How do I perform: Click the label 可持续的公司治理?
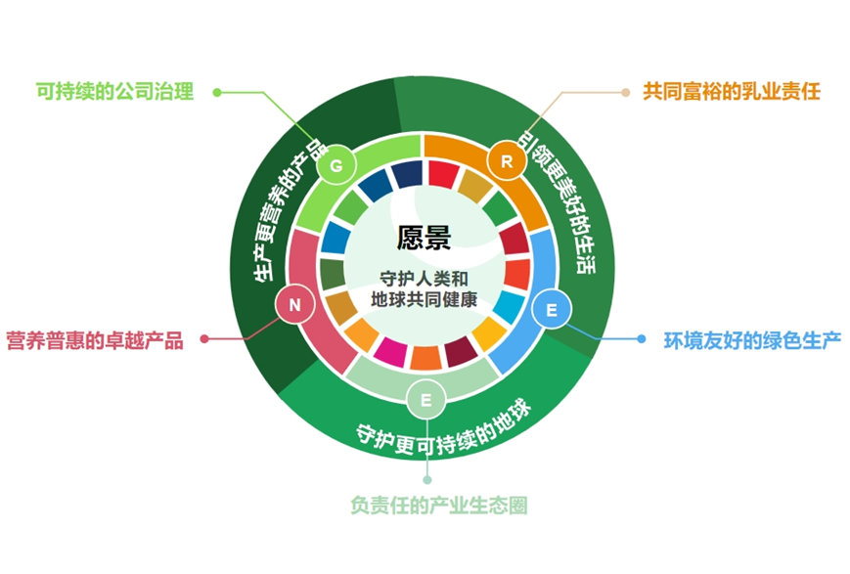tap(114, 91)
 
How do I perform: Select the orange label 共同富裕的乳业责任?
tap(732, 91)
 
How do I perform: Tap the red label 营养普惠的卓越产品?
tap(95, 340)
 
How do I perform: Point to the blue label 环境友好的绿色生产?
tap(752, 340)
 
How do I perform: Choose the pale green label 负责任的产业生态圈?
tap(439, 506)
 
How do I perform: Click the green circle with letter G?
tap(336, 165)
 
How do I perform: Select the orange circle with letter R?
tap(507, 161)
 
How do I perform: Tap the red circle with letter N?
tap(294, 305)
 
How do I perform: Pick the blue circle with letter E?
tap(552, 310)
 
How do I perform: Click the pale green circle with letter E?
tap(426, 400)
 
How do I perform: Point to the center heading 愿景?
tap(424, 238)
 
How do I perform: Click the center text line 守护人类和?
tap(424, 279)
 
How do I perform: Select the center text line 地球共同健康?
tap(424, 299)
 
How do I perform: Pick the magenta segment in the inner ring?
tap(390, 352)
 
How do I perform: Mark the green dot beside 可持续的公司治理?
tap(217, 92)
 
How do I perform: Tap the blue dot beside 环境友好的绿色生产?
tap(642, 338)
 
